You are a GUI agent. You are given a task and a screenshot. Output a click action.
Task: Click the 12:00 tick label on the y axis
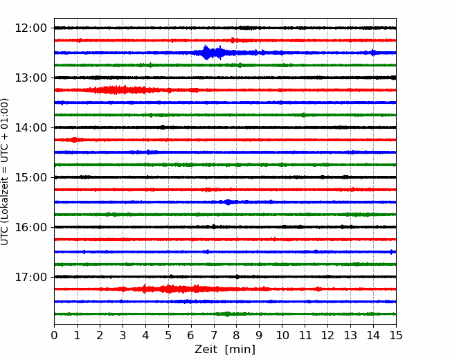point(30,28)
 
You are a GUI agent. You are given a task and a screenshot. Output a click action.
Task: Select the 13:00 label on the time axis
point(30,78)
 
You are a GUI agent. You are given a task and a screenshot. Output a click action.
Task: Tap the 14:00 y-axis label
point(30,127)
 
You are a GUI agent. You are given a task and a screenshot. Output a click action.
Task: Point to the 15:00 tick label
point(30,177)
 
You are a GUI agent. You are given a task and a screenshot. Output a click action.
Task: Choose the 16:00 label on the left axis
point(30,227)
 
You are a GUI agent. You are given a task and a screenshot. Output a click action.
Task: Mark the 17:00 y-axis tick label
point(30,277)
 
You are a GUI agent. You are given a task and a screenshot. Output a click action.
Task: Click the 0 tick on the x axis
point(54,335)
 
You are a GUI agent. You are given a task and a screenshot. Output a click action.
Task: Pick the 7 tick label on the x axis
point(214,335)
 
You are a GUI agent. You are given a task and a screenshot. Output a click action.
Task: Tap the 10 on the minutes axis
point(282,335)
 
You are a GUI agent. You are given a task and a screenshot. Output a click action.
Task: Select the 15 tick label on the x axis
point(396,335)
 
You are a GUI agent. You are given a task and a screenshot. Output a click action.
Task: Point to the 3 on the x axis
point(123,335)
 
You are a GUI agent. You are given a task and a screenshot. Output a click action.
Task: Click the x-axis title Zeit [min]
point(225,350)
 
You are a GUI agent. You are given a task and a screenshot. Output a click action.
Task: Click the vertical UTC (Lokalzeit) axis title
point(5,172)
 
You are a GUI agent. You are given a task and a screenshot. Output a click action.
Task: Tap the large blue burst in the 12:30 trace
point(213,53)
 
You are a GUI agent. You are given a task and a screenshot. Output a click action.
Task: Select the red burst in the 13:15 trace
point(120,90)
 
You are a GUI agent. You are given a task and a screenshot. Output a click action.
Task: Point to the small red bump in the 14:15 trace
point(75,140)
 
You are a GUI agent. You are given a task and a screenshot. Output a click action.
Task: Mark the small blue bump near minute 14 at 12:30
point(372,53)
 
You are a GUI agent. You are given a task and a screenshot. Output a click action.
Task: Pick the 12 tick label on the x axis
point(327,335)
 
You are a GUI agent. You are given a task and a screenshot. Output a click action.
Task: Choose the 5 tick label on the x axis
point(168,335)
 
